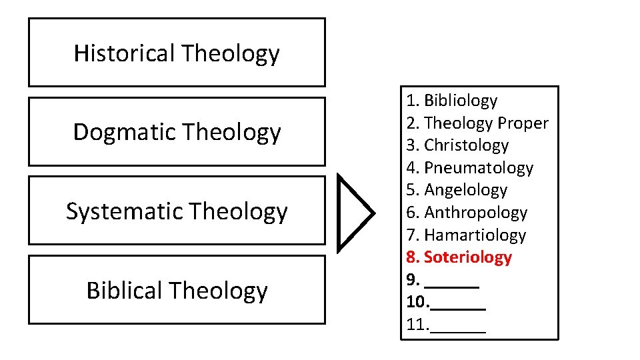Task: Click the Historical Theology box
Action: pyautogui.click(x=177, y=53)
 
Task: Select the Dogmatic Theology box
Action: pyautogui.click(x=177, y=131)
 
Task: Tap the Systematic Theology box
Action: pyautogui.click(x=177, y=211)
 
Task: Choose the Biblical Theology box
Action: pyautogui.click(x=177, y=290)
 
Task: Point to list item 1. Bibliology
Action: pyautogui.click(x=452, y=101)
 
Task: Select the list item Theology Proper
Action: pyautogui.click(x=477, y=123)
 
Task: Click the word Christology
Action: pyautogui.click(x=466, y=145)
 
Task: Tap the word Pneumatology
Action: pyautogui.click(x=479, y=168)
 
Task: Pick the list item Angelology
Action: pyautogui.click(x=465, y=190)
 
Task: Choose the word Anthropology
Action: pyautogui.click(x=475, y=213)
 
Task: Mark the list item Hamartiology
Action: pyautogui.click(x=475, y=235)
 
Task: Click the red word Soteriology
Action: pyautogui.click(x=467, y=257)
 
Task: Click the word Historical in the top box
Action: pyautogui.click(x=125, y=53)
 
